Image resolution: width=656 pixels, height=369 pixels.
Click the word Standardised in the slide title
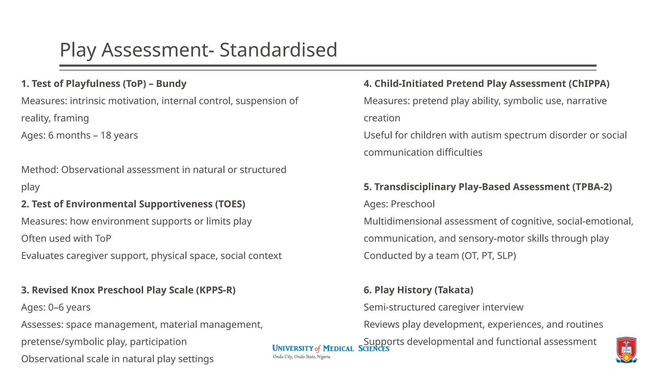278,50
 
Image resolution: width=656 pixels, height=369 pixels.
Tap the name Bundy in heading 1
171,84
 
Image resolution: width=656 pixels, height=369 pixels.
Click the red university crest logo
626,350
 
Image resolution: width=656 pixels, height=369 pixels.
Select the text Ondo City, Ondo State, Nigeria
301,357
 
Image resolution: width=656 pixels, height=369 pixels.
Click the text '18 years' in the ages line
119,135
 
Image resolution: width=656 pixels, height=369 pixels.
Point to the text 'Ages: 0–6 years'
56,307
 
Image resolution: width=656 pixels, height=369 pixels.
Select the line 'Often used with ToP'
66,239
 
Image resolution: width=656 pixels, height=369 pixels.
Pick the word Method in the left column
39,170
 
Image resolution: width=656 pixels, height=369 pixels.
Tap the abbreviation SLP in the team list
506,256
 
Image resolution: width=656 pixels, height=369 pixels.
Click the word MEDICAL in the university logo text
338,348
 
